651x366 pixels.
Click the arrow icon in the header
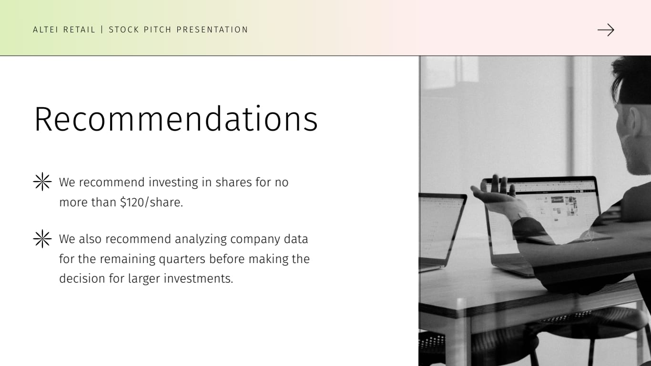pyautogui.click(x=606, y=30)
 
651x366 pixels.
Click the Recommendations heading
pyautogui.click(x=176, y=119)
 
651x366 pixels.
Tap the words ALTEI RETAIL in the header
pyautogui.click(x=64, y=30)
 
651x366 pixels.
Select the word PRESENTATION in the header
pyautogui.click(x=212, y=30)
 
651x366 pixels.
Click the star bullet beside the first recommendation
pyautogui.click(x=42, y=182)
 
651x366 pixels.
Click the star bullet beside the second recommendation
pyautogui.click(x=42, y=239)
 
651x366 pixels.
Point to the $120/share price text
pyautogui.click(x=151, y=203)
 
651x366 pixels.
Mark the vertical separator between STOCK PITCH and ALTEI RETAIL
pyautogui.click(x=102, y=30)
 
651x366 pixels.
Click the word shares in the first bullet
pyautogui.click(x=231, y=183)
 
